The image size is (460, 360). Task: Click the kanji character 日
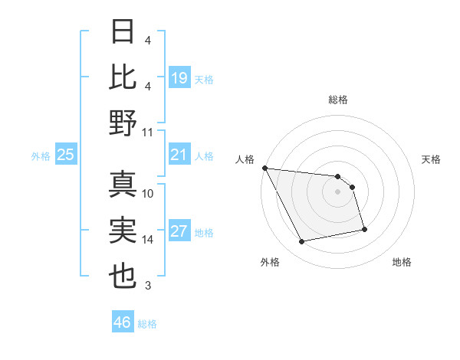(x=123, y=32)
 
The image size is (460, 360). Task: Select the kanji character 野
(x=123, y=123)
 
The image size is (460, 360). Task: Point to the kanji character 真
(x=123, y=185)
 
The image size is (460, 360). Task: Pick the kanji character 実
(x=123, y=231)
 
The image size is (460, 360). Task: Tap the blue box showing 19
(x=179, y=77)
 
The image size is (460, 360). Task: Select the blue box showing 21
(x=179, y=155)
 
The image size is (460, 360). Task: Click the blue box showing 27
(x=179, y=232)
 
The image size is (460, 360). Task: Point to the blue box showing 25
(x=66, y=155)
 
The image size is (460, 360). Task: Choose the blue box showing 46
(x=123, y=322)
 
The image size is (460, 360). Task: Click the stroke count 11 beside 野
(x=148, y=132)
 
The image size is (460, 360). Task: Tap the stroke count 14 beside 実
(x=148, y=240)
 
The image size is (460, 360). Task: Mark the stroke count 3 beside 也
(x=147, y=286)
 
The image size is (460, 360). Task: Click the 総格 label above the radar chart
(x=337, y=100)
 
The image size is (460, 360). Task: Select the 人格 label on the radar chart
(x=245, y=159)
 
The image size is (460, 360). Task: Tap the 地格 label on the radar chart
(x=402, y=262)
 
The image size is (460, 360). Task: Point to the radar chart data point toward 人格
(x=264, y=168)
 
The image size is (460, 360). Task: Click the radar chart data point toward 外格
(x=302, y=242)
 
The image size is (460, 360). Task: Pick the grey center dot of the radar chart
(x=337, y=191)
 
